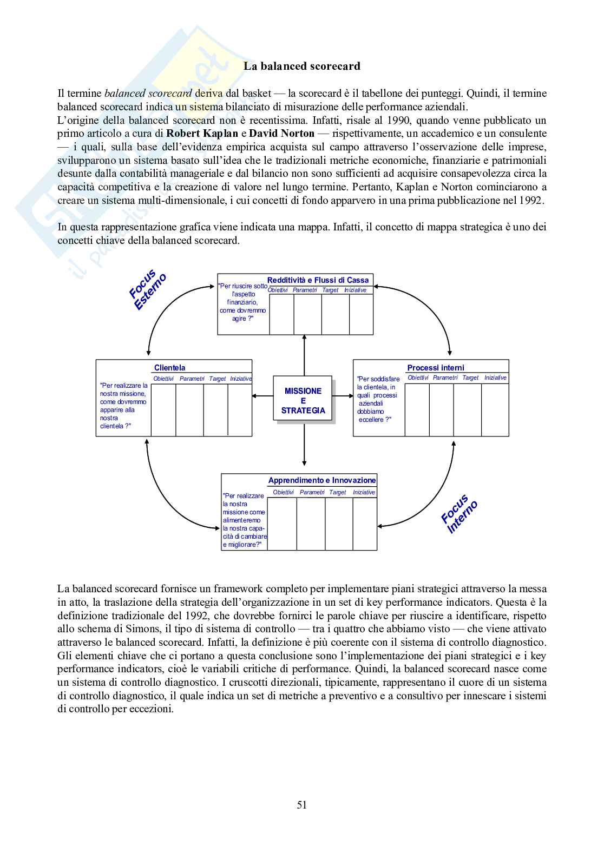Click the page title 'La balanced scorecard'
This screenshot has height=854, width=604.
tap(301, 67)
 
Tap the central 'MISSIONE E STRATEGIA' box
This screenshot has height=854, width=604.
tap(303, 401)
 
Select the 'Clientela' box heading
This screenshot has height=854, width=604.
tap(169, 368)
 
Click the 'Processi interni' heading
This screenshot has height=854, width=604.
tap(435, 368)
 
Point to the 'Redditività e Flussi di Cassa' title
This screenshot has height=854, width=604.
tap(318, 280)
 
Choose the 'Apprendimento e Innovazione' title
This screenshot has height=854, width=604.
tap(321, 480)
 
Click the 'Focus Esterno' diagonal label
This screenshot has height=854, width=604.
tap(147, 289)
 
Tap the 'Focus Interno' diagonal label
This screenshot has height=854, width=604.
tap(459, 514)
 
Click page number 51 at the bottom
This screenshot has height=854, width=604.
tap(302, 805)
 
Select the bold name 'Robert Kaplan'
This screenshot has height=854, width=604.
tap(202, 134)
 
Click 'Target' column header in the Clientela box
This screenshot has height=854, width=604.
tap(217, 379)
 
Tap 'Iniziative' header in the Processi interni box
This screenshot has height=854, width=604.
tap(495, 378)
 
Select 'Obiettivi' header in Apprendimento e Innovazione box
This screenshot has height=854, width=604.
tap(283, 493)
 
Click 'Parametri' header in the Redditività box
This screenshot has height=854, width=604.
tap(305, 290)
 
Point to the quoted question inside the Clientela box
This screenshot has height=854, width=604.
tap(123, 406)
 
